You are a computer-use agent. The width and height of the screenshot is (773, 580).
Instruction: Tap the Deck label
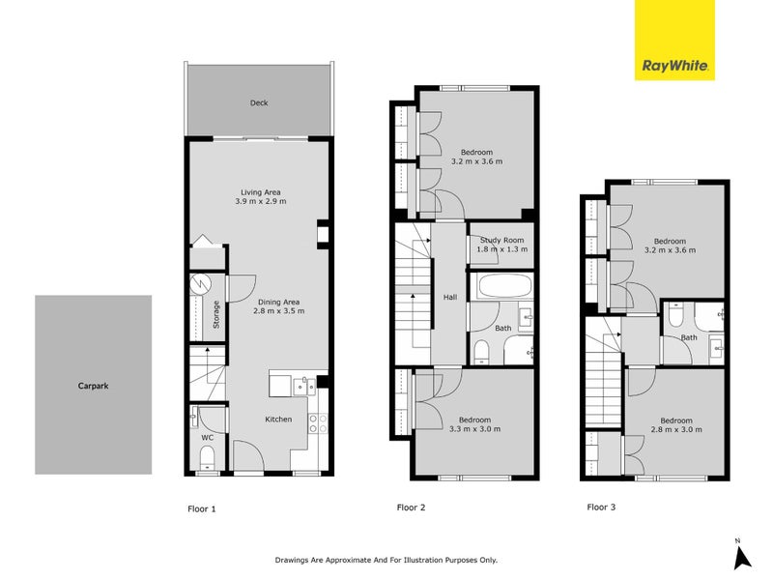click(258, 102)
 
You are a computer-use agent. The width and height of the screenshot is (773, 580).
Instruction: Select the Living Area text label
click(260, 192)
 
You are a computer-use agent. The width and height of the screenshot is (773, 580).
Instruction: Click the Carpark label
click(93, 385)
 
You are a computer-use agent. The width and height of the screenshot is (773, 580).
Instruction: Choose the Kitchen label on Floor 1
click(279, 420)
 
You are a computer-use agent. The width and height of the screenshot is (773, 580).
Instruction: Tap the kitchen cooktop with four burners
click(318, 422)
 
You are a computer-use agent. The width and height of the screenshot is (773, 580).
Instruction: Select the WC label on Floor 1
click(206, 437)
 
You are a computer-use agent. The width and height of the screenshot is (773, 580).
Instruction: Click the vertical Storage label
click(216, 316)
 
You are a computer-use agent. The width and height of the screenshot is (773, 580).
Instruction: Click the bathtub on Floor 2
click(501, 287)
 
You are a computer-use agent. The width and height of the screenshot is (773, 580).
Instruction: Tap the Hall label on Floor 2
click(449, 298)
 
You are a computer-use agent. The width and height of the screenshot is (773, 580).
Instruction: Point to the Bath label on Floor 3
click(688, 337)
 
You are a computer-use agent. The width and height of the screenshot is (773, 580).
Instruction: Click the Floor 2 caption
click(412, 507)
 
